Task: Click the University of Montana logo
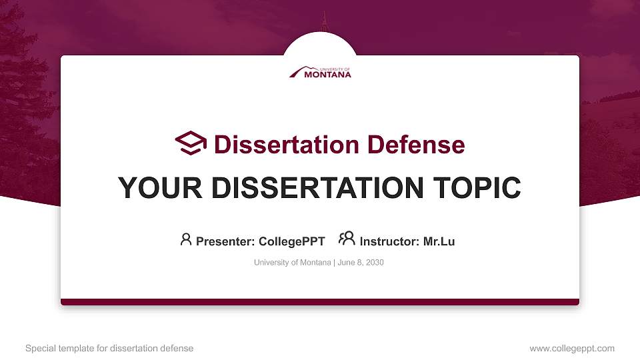pyautogui.click(x=320, y=72)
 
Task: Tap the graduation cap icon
pyautogui.click(x=191, y=143)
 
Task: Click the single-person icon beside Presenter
pyautogui.click(x=186, y=239)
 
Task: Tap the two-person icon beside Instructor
pyautogui.click(x=347, y=239)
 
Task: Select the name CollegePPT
pyautogui.click(x=292, y=241)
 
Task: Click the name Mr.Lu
pyautogui.click(x=439, y=241)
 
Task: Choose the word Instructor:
pyautogui.click(x=389, y=241)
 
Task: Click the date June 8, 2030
pyautogui.click(x=360, y=263)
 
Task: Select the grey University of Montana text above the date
pyautogui.click(x=292, y=263)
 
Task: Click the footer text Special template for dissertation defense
pyautogui.click(x=109, y=348)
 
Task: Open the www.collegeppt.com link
pyautogui.click(x=572, y=348)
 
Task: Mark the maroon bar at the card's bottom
pyautogui.click(x=320, y=302)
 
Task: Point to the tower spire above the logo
pyautogui.click(x=325, y=21)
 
